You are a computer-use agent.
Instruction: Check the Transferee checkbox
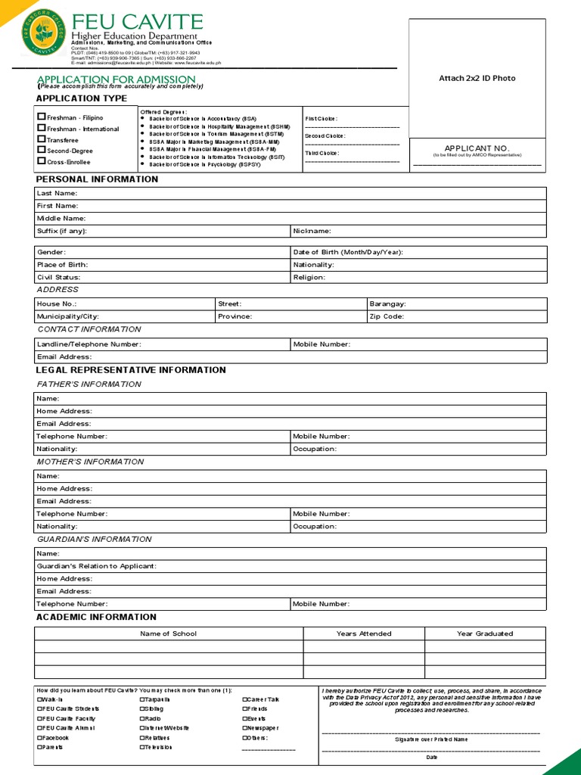pos(42,140)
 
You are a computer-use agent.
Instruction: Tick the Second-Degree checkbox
pos(42,151)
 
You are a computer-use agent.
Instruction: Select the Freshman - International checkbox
pos(42,129)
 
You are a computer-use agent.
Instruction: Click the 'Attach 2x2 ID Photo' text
pos(477,78)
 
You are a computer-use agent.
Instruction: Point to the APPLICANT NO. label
pos(477,148)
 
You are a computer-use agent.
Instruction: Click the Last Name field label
pos(57,193)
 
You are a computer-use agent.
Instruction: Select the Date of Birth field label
pos(347,252)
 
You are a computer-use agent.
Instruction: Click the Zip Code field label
pos(387,316)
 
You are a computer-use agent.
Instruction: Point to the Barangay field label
pos(387,303)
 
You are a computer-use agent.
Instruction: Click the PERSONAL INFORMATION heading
pos(97,179)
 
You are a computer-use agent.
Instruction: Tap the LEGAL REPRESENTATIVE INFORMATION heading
pos(131,370)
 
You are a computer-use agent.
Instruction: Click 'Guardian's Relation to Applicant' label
pos(96,566)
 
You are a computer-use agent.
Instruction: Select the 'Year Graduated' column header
pos(484,633)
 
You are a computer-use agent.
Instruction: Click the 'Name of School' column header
pos(168,633)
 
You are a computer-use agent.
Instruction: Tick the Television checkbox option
pos(142,747)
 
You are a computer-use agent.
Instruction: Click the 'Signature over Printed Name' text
pos(431,739)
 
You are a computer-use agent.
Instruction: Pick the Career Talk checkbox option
pos(245,699)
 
